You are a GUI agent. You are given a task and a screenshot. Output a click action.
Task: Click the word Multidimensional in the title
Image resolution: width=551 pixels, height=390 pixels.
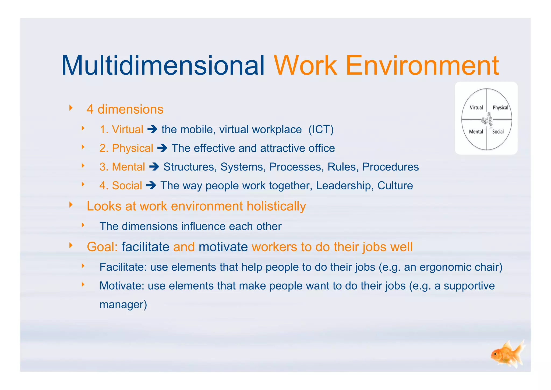click(x=163, y=65)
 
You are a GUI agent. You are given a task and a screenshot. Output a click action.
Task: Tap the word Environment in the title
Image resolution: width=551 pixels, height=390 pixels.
click(x=422, y=65)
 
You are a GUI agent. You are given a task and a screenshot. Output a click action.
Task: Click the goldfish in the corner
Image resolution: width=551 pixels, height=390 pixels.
click(x=507, y=354)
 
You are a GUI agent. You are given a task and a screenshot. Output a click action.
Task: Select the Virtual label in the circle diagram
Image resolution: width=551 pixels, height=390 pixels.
click(x=476, y=107)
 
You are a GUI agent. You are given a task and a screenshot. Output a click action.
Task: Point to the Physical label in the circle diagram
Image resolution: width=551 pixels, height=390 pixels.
click(x=500, y=107)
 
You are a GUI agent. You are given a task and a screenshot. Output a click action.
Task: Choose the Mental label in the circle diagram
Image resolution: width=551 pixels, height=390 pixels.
click(x=476, y=131)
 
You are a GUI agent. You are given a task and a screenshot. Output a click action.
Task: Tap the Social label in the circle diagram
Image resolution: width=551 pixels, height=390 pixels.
click(x=498, y=131)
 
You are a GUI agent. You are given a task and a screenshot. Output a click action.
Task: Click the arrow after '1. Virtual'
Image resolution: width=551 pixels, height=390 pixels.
click(x=152, y=130)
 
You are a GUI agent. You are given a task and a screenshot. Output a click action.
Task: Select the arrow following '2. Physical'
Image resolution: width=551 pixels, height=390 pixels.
click(x=162, y=148)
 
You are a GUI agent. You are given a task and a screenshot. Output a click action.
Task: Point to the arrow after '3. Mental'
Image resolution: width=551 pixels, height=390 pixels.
click(x=154, y=167)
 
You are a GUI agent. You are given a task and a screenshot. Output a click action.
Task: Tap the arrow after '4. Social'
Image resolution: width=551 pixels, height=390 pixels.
click(x=151, y=186)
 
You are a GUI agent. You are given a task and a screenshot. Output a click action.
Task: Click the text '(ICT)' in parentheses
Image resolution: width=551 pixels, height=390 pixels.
click(x=321, y=130)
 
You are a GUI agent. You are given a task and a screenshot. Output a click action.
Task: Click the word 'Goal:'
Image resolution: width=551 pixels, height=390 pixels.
click(x=102, y=247)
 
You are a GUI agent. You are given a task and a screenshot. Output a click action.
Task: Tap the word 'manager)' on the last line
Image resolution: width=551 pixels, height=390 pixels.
click(x=123, y=305)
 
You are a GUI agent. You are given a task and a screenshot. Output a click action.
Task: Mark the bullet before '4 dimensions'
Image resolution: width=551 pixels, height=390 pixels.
click(x=71, y=108)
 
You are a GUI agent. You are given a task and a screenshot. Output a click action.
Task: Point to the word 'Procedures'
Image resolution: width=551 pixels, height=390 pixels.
click(x=390, y=167)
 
